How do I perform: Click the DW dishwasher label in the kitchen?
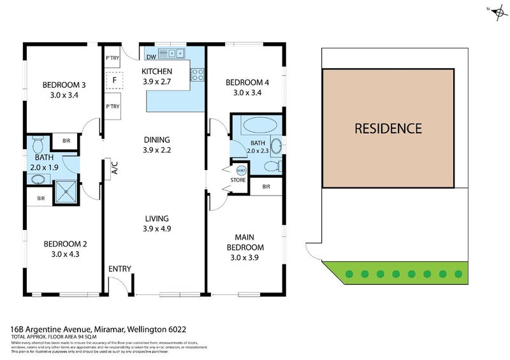tap(150, 55)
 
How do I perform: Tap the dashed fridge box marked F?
tap(114, 81)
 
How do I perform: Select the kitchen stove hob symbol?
tap(197, 75)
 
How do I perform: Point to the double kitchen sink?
tap(172, 53)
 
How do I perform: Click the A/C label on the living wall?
tap(115, 168)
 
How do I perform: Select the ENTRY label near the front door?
tap(119, 269)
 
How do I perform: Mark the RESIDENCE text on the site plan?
tap(388, 128)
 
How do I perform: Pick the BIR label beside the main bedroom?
tap(266, 187)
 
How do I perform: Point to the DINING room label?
tap(156, 140)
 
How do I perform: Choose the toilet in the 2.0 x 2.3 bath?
tap(271, 167)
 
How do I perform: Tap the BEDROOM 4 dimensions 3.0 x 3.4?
tap(247, 92)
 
